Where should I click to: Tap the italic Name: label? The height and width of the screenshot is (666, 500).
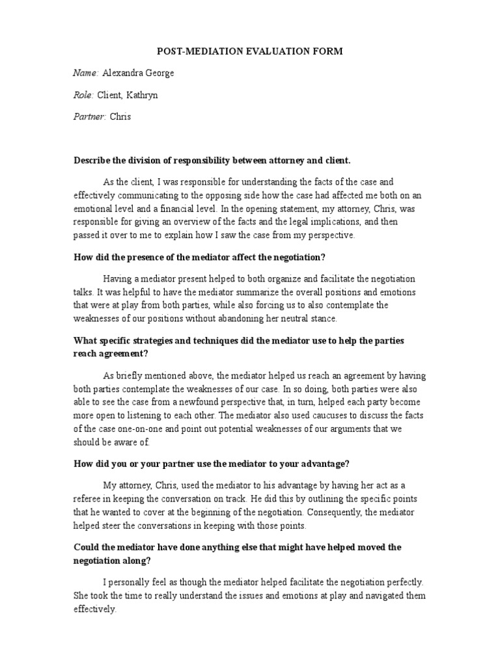coord(86,73)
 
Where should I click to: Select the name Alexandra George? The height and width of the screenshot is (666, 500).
coord(138,73)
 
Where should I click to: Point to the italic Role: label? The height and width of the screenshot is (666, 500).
coord(84,96)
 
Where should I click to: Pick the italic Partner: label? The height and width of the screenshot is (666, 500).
coord(90,118)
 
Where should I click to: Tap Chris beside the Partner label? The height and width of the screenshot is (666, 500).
coord(120,118)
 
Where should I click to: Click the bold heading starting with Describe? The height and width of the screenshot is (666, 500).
coord(212,160)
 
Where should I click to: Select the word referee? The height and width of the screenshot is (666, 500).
coord(89,499)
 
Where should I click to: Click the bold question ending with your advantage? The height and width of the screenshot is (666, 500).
coord(212,464)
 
